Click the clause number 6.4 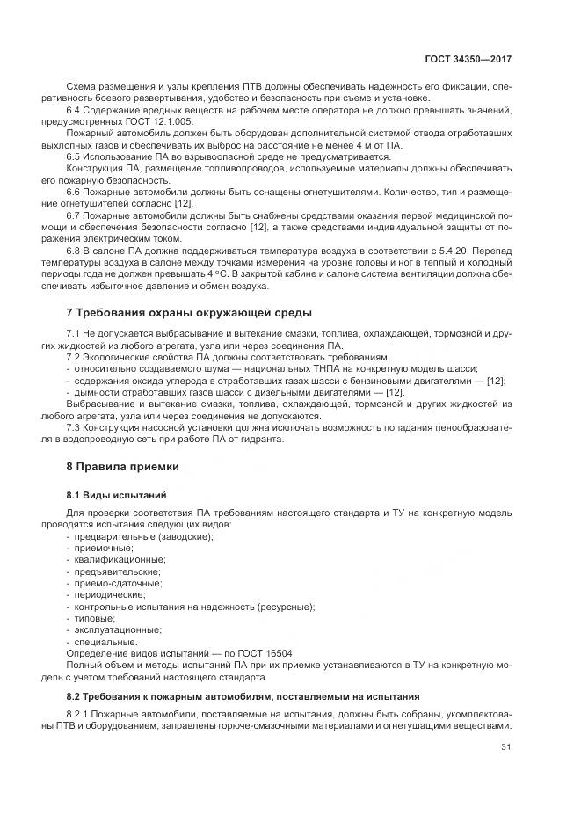(x=74, y=110)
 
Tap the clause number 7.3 (x=74, y=426)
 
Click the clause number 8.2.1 (x=78, y=714)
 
